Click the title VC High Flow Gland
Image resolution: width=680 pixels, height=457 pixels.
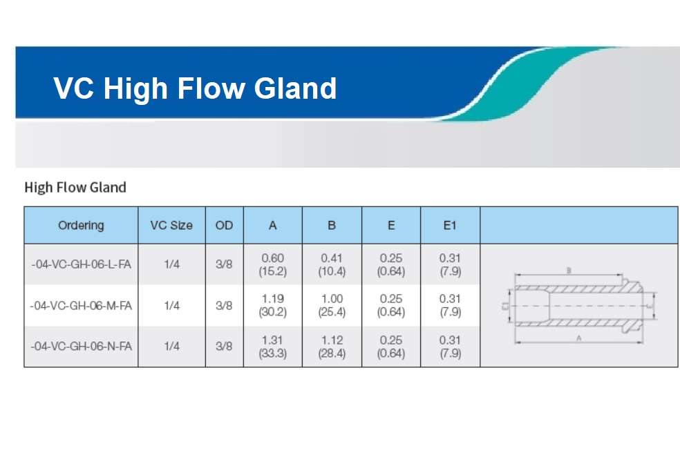(x=195, y=88)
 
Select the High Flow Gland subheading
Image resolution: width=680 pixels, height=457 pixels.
(x=75, y=187)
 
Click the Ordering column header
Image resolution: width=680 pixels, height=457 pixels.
(x=81, y=225)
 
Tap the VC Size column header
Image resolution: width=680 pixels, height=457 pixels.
(x=171, y=225)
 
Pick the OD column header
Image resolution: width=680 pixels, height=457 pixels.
(x=224, y=225)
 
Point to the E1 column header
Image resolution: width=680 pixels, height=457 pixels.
(x=450, y=225)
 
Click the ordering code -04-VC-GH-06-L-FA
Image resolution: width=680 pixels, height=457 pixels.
(x=81, y=264)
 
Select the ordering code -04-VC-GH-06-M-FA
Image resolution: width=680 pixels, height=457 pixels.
(x=81, y=305)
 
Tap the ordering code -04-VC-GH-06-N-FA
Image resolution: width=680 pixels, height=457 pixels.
(x=81, y=346)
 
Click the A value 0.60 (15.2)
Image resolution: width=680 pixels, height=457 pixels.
(x=273, y=264)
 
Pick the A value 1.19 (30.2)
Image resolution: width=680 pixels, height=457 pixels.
(x=273, y=305)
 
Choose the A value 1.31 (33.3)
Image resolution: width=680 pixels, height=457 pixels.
(x=273, y=347)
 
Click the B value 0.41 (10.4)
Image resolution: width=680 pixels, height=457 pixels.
(x=332, y=264)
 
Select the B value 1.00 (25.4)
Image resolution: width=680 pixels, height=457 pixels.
(x=332, y=305)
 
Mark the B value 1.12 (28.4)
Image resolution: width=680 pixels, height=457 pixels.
(x=332, y=347)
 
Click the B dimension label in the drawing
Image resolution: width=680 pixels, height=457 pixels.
(x=569, y=271)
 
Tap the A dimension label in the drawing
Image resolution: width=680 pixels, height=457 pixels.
(x=578, y=338)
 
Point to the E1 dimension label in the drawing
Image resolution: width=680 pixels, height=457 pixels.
(x=504, y=306)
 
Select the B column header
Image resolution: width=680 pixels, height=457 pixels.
(x=332, y=225)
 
